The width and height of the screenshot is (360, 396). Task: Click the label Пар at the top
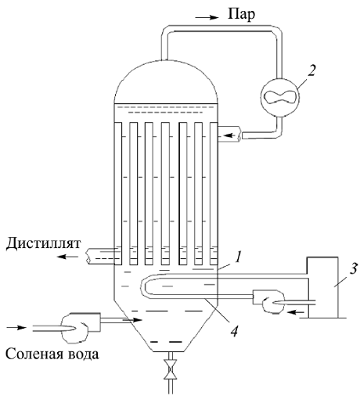coord(241,14)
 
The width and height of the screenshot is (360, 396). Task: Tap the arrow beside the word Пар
coord(207,17)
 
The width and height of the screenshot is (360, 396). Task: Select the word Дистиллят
coord(44,244)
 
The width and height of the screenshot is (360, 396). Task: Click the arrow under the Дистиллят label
coord(67,257)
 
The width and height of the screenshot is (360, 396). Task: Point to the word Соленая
coord(33,355)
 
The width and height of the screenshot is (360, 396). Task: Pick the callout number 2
coord(311,70)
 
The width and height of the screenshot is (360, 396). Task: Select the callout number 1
coord(237,257)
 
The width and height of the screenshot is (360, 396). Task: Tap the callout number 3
coord(354,268)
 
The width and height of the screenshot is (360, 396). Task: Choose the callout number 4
coord(234,330)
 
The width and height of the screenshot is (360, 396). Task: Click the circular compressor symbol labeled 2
coord(280,97)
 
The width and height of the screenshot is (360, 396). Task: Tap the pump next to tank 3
coord(268,301)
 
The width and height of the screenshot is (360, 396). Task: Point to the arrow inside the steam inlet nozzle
coord(231,135)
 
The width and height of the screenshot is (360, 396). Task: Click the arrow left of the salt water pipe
coord(16,328)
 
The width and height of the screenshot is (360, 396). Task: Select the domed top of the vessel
coord(166,81)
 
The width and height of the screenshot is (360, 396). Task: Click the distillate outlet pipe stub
coord(100,256)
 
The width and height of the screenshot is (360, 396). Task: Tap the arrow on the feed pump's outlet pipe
coord(132,320)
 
